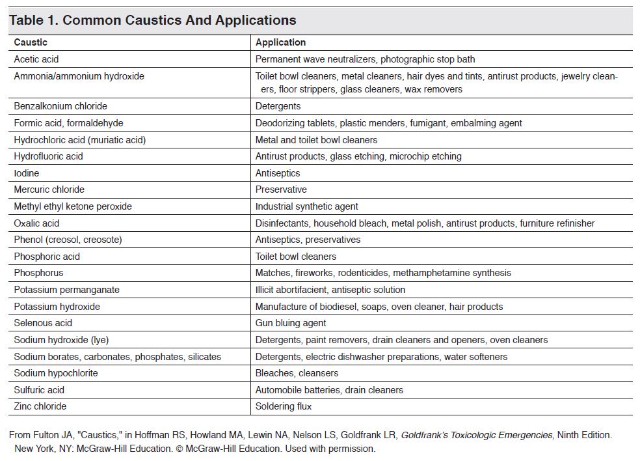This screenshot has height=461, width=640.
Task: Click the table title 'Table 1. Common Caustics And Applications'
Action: pos(152,20)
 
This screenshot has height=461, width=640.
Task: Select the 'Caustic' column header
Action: pos(31,42)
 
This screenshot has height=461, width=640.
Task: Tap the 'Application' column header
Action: pos(280,42)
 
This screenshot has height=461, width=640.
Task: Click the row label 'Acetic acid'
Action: pos(36,59)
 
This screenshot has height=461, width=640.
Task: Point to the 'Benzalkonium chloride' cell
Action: pos(60,106)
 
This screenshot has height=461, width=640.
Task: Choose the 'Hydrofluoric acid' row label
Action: pos(48,156)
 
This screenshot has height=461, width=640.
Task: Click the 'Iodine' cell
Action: pos(27,173)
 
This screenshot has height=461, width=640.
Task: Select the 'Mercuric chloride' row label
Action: pos(49,189)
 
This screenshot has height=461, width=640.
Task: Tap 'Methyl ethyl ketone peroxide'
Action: pos(73,206)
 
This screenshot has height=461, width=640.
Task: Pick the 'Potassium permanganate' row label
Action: pos(66,290)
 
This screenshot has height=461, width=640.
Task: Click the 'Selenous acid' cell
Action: pos(43,323)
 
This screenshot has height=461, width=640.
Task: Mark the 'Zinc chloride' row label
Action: pos(40,406)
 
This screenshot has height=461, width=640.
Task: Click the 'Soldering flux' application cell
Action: pos(284,406)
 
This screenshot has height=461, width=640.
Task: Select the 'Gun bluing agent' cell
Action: pos(291,323)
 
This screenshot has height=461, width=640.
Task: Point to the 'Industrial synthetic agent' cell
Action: pos(306,206)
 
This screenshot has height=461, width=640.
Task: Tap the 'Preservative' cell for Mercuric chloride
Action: pos(281,189)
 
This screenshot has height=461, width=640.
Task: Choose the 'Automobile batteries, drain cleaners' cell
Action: pos(329,390)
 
